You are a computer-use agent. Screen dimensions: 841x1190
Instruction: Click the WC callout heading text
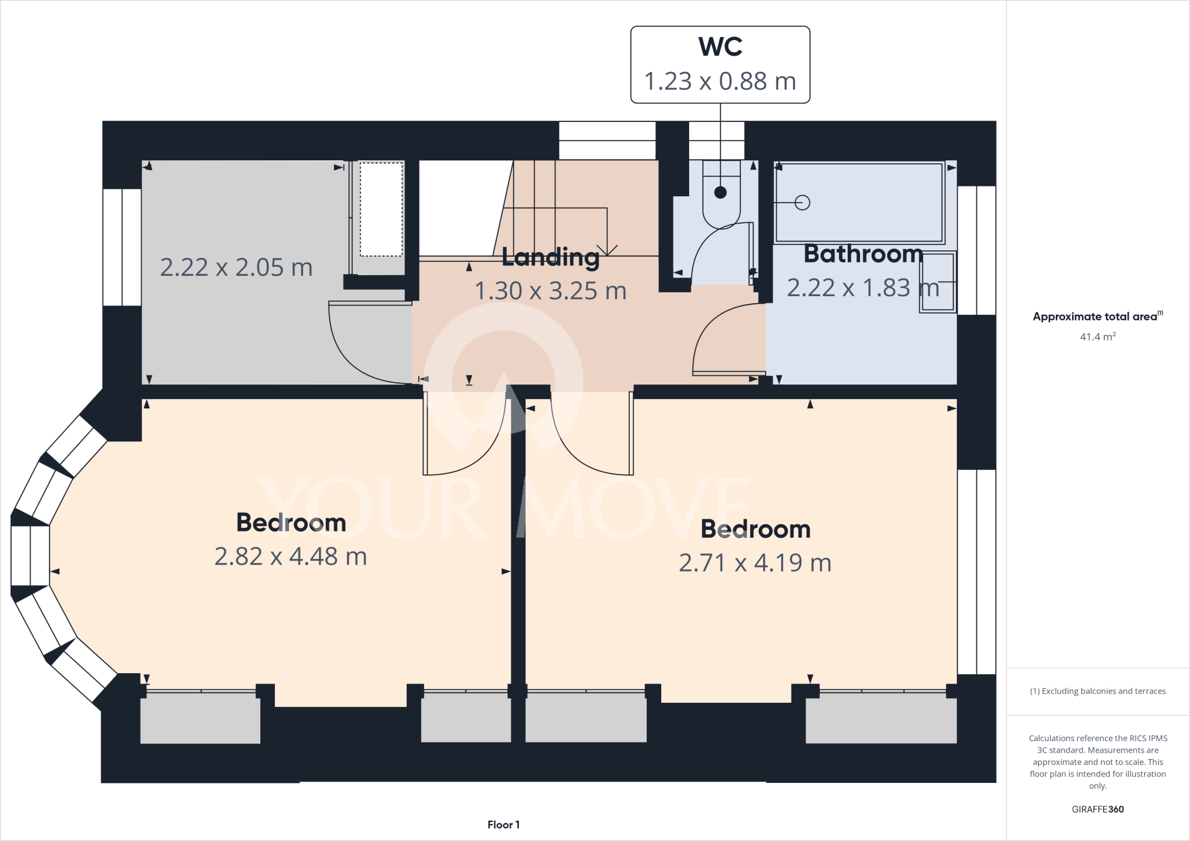pyautogui.click(x=720, y=47)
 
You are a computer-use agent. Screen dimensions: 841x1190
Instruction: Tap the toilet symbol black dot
pyautogui.click(x=721, y=192)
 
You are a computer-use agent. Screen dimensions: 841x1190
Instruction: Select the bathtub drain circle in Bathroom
pyautogui.click(x=802, y=203)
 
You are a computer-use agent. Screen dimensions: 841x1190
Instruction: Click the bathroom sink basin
pyautogui.click(x=937, y=282)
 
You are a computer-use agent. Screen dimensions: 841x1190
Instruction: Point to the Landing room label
pyautogui.click(x=550, y=257)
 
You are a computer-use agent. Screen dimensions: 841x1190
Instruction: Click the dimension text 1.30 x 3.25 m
pyautogui.click(x=550, y=290)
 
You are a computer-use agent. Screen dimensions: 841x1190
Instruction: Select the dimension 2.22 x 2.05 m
pyautogui.click(x=236, y=267)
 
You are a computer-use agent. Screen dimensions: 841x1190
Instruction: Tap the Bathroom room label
pyautogui.click(x=863, y=254)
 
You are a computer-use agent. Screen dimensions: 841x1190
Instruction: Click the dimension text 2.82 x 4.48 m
pyautogui.click(x=291, y=556)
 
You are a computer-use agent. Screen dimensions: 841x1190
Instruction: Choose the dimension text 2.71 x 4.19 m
pyautogui.click(x=755, y=563)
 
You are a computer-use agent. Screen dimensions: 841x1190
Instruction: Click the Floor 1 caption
pyautogui.click(x=503, y=825)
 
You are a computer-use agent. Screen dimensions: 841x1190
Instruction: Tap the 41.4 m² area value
pyautogui.click(x=1097, y=337)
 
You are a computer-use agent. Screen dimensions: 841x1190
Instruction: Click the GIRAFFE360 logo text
pyautogui.click(x=1097, y=809)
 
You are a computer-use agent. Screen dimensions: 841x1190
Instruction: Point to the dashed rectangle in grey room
pyautogui.click(x=381, y=209)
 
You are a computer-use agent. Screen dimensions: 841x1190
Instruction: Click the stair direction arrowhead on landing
pyautogui.click(x=607, y=251)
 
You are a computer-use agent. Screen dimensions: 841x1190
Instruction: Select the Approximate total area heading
pyautogui.click(x=1096, y=317)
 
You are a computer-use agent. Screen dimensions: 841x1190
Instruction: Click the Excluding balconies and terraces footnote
pyautogui.click(x=1097, y=691)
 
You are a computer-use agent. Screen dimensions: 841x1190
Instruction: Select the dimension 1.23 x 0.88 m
pyautogui.click(x=720, y=81)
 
